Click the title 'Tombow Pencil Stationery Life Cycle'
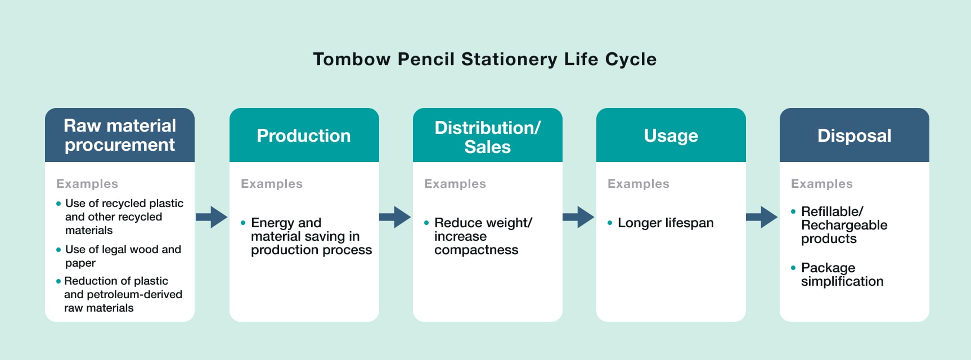pos(485,59)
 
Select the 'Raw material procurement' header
pos(120,135)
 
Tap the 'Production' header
pos(304,135)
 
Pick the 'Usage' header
pos(671,135)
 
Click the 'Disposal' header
pos(855,135)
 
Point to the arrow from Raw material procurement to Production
pos(212,217)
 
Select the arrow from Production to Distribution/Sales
pos(395,217)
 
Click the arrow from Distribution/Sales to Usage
pos(578,217)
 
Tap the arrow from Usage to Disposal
pos(762,217)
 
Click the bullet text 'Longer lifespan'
pos(666,223)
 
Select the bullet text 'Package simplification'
pos(842,274)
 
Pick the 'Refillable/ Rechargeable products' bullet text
pos(844,225)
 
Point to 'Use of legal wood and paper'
pos(123,256)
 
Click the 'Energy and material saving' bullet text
pos(311,236)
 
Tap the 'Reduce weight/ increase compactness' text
pos(483,236)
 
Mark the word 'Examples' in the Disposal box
pos(822,184)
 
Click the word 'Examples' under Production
pos(272,184)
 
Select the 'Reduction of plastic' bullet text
pos(123,294)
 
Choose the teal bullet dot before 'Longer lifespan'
pos(610,223)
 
